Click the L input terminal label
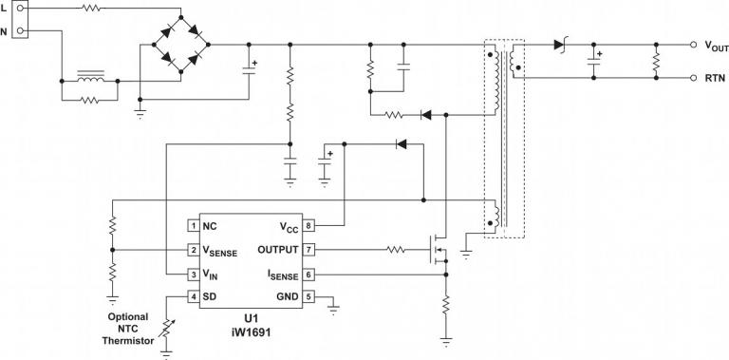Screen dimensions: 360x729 click(x=5, y=9)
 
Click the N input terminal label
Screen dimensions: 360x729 click(x=5, y=30)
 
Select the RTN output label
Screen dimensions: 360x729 click(x=715, y=79)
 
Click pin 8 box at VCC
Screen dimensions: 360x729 click(x=308, y=226)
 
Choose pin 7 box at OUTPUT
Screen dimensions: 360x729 click(x=308, y=251)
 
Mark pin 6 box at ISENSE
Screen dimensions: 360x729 click(x=308, y=275)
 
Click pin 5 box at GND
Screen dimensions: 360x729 click(x=308, y=298)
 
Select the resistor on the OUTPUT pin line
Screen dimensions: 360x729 click(x=397, y=251)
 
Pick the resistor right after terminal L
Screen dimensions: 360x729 click(x=91, y=9)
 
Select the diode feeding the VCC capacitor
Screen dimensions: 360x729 click(x=401, y=144)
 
